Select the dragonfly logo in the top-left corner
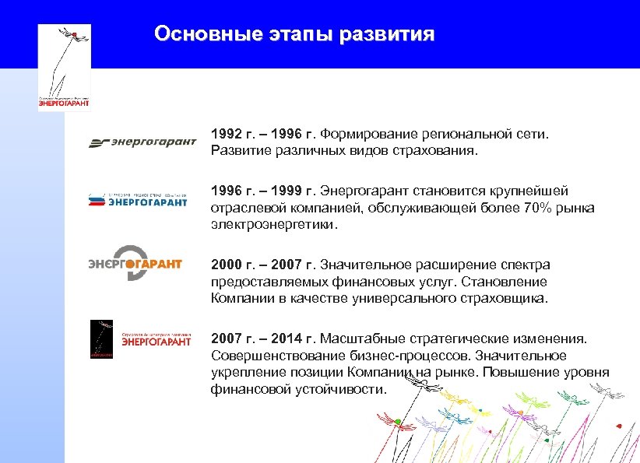point(65,67)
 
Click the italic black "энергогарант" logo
point(142,142)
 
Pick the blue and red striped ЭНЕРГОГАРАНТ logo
point(139,199)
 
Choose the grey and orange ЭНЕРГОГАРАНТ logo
point(135,263)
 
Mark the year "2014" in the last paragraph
point(294,338)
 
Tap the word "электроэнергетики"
point(274,224)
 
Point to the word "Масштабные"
point(357,338)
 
